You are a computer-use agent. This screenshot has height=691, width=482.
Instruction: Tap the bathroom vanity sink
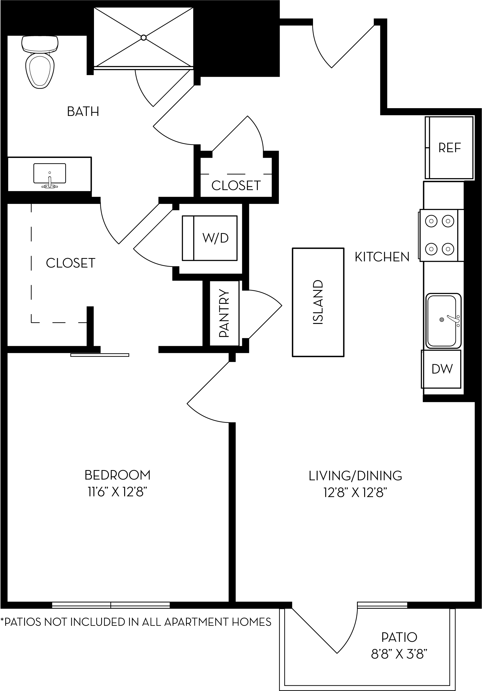(x=50, y=174)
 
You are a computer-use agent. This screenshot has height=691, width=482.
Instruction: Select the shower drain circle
(x=144, y=37)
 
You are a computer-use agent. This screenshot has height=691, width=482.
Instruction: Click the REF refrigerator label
(x=450, y=148)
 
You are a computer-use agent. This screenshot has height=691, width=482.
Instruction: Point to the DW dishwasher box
(x=442, y=369)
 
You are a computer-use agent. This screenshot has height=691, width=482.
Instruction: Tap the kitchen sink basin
(x=442, y=320)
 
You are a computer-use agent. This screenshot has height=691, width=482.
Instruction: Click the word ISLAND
(x=318, y=302)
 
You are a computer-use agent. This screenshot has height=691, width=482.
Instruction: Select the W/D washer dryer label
(x=216, y=238)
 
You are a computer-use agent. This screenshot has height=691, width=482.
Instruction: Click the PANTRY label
(x=224, y=313)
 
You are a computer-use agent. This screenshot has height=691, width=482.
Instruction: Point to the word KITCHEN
(x=382, y=257)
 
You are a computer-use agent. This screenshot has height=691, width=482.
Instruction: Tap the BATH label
(x=83, y=112)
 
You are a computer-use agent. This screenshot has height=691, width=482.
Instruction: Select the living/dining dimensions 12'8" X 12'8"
(x=355, y=493)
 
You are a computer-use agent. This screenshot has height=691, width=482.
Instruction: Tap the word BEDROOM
(x=117, y=475)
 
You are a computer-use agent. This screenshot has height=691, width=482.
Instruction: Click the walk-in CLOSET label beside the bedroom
(x=71, y=263)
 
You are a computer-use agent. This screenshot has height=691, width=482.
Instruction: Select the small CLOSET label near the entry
(x=236, y=186)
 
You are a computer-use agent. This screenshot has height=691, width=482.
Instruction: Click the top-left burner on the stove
(x=431, y=221)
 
